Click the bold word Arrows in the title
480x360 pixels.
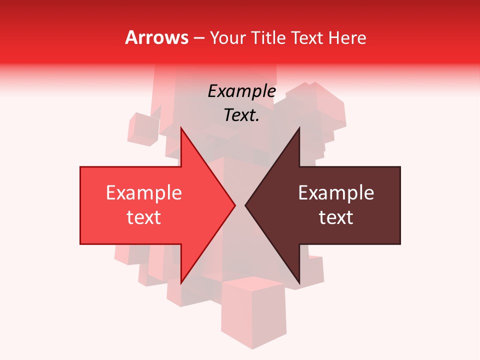157,37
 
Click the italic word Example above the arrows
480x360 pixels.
241,91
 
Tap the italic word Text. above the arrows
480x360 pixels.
241,115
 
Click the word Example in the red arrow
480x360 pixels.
143,192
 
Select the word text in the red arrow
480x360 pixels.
143,217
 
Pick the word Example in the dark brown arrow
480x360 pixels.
336,192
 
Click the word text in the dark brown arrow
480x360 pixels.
336,217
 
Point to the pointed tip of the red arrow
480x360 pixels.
235,205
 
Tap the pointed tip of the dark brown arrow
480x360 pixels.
245,205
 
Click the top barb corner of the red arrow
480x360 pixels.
180,128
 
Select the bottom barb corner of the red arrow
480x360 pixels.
180,283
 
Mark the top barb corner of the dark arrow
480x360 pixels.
299,128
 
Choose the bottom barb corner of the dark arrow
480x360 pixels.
299,283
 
